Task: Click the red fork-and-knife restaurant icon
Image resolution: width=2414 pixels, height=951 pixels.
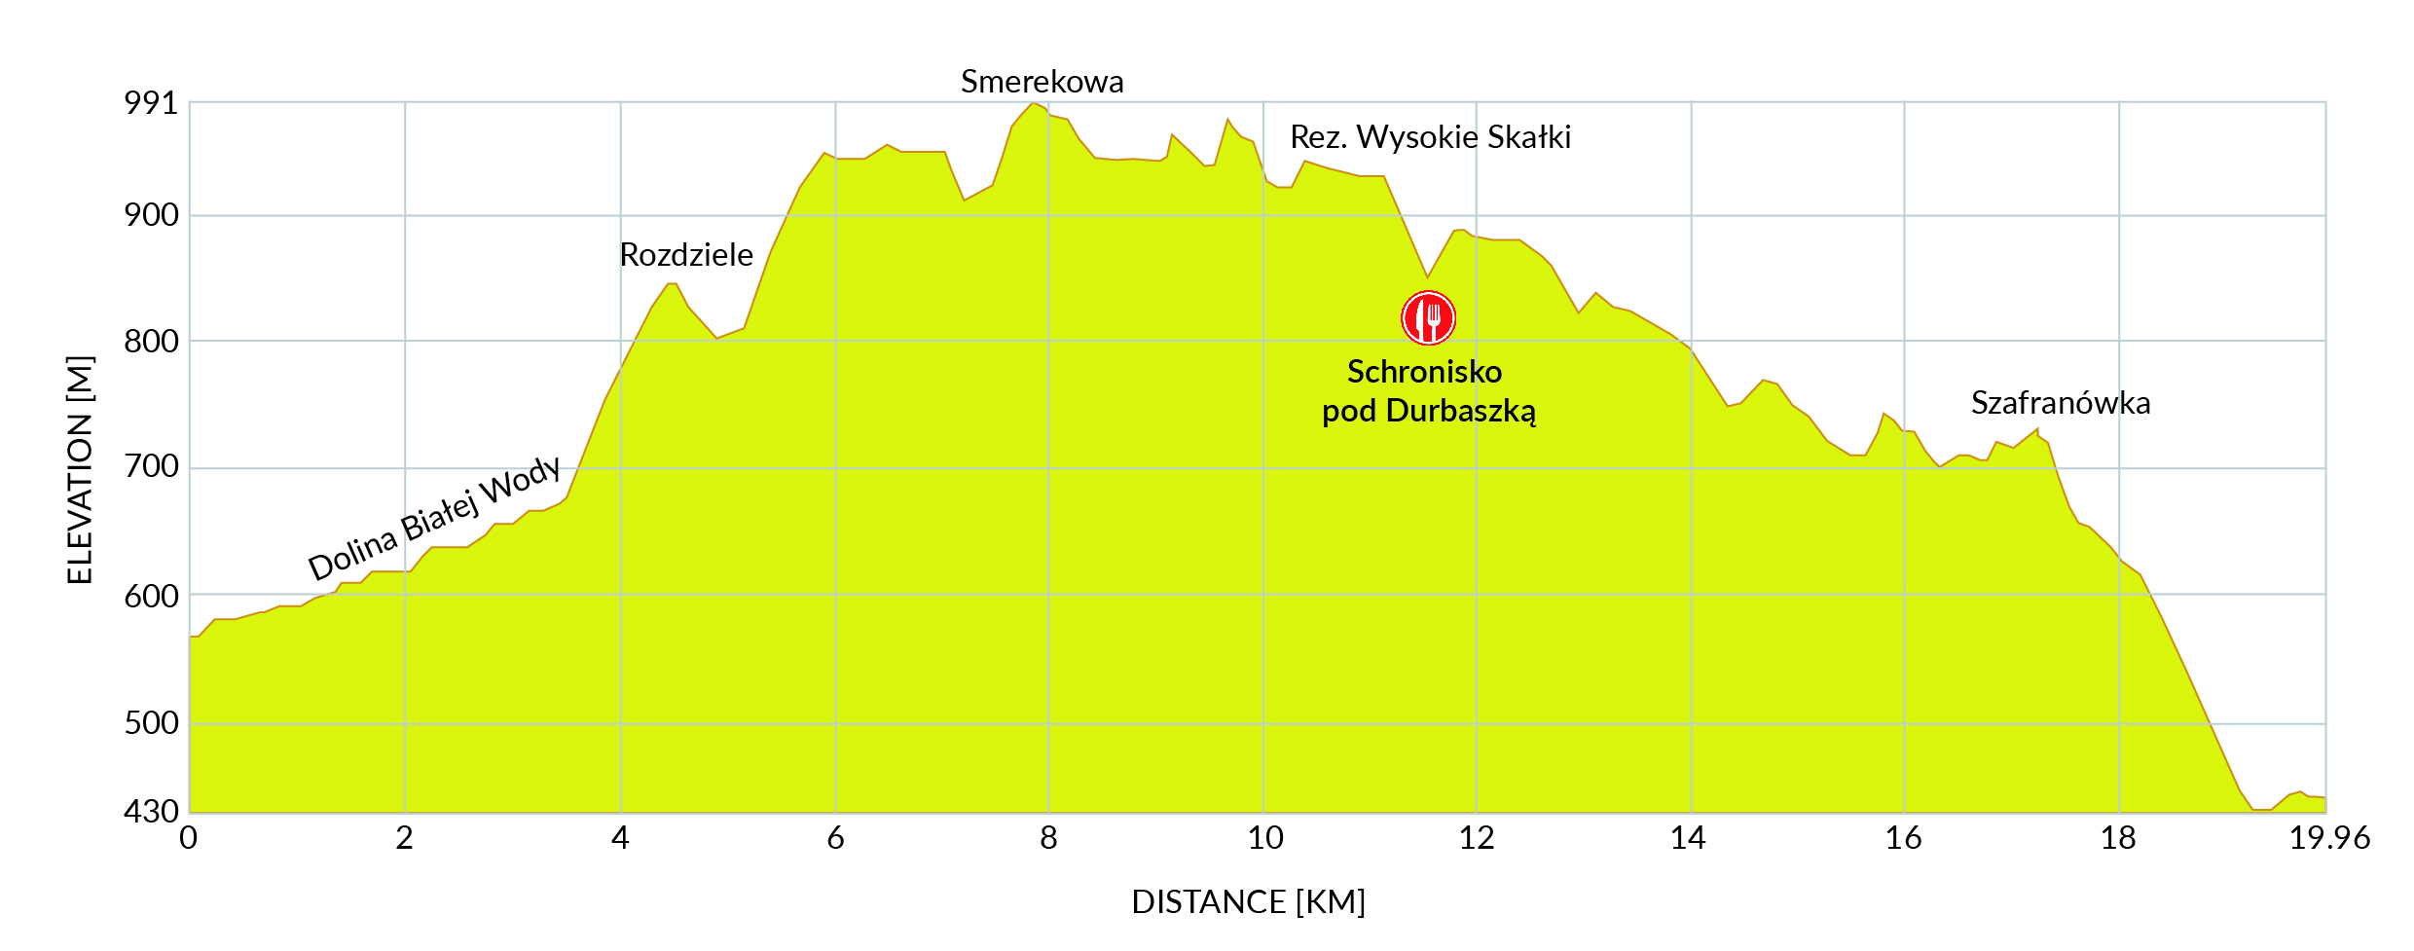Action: [1428, 317]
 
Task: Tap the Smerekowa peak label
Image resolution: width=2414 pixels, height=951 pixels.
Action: [1042, 82]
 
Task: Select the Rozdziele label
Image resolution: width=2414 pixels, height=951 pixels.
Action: [686, 255]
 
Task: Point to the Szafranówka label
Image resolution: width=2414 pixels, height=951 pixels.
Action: [2060, 403]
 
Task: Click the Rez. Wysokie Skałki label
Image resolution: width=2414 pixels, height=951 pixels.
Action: [1430, 137]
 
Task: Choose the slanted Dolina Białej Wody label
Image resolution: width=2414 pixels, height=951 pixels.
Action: [434, 518]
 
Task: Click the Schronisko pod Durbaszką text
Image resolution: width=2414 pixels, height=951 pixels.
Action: [1428, 391]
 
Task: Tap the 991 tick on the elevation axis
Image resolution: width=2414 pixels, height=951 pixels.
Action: [151, 103]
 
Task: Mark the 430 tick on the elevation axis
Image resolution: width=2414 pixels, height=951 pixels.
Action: [151, 811]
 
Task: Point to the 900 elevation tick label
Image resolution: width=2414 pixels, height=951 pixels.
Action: [151, 215]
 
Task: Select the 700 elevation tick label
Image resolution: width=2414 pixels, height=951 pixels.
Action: [151, 467]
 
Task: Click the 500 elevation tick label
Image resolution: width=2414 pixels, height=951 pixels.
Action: [151, 723]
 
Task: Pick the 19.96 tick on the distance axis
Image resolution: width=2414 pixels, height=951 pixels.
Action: [2328, 838]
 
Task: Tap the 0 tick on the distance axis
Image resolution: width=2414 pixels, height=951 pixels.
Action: [189, 838]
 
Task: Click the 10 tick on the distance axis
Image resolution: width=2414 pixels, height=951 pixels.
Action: [1264, 838]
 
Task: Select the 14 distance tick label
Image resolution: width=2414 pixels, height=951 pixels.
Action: [1688, 838]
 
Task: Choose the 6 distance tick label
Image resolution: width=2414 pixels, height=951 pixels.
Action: [835, 838]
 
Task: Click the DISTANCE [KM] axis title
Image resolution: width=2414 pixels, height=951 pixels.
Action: [1248, 902]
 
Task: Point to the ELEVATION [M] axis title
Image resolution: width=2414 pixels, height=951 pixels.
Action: [80, 470]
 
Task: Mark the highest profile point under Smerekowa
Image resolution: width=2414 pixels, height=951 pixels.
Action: [1033, 103]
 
